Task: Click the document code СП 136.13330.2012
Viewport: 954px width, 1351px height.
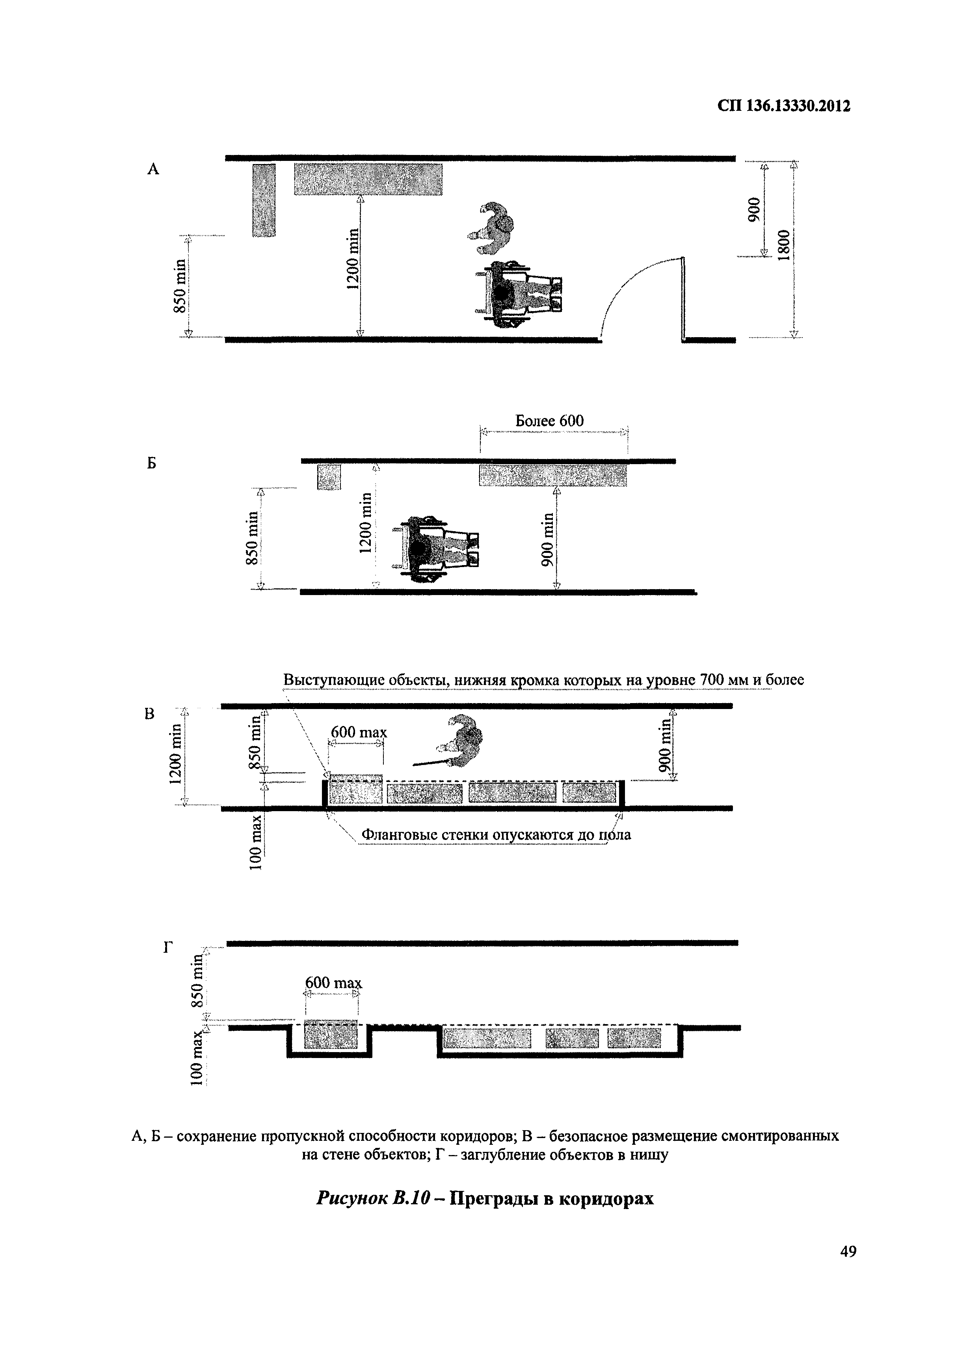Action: point(784,106)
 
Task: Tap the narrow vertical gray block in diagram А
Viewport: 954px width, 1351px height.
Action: point(264,200)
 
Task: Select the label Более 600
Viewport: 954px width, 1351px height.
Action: point(550,421)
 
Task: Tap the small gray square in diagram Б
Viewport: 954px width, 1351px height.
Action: point(329,477)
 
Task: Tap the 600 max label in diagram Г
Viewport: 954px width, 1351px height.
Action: point(333,983)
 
